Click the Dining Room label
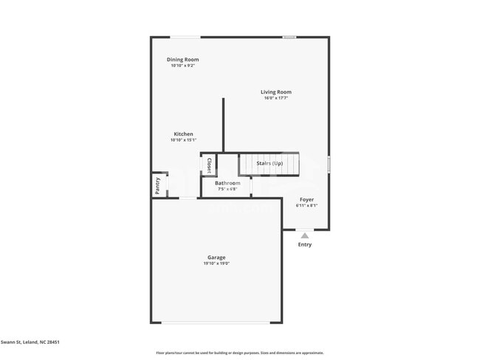point(182,60)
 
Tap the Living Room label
point(275,92)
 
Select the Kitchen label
point(183,134)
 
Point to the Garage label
point(216,257)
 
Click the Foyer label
point(306,199)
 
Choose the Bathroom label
point(227,183)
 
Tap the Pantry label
point(157,185)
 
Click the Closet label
point(209,165)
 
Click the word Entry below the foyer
point(304,244)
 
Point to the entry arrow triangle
point(304,235)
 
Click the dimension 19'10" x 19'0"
point(216,263)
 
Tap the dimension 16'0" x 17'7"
point(275,98)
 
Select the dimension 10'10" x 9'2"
point(182,66)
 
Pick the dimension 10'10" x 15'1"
point(183,140)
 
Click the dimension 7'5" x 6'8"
point(227,189)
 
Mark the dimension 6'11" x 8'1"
point(306,205)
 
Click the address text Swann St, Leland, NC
point(30,342)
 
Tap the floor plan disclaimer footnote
point(239,353)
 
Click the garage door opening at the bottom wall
point(216,322)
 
